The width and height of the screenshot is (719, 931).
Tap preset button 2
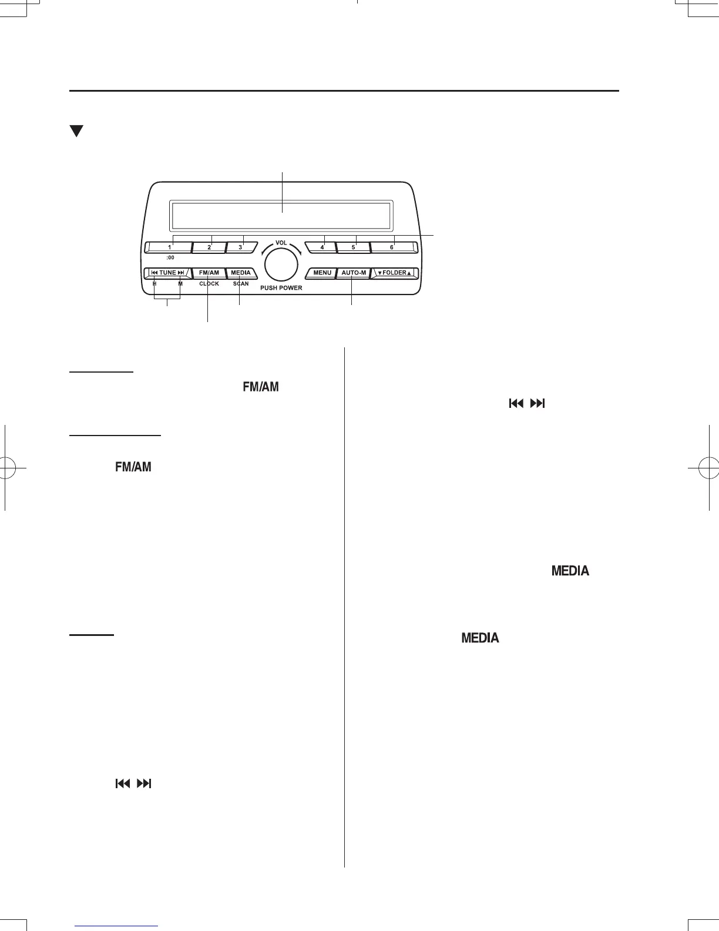tap(209, 247)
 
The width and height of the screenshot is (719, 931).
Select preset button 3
tap(241, 247)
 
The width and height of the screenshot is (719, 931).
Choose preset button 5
tap(353, 247)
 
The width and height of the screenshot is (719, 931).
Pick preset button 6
tap(392, 247)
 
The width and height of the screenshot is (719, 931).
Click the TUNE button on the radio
tap(167, 273)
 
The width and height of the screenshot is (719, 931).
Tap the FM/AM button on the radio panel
tap(209, 273)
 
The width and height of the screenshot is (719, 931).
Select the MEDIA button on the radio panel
tap(241, 273)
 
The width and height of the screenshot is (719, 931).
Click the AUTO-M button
tap(354, 273)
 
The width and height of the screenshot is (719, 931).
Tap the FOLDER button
tap(394, 273)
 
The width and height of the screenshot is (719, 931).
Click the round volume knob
tap(282, 264)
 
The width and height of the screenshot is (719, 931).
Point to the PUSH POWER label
tap(281, 288)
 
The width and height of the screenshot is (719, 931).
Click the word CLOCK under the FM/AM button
tap(209, 284)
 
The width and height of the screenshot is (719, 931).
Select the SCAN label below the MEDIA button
tap(241, 284)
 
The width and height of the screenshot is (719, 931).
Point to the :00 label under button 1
tap(170, 257)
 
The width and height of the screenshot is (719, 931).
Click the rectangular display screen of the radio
tap(281, 216)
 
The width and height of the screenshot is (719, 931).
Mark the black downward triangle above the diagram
tap(76, 131)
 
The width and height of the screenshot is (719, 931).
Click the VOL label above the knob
tap(281, 243)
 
